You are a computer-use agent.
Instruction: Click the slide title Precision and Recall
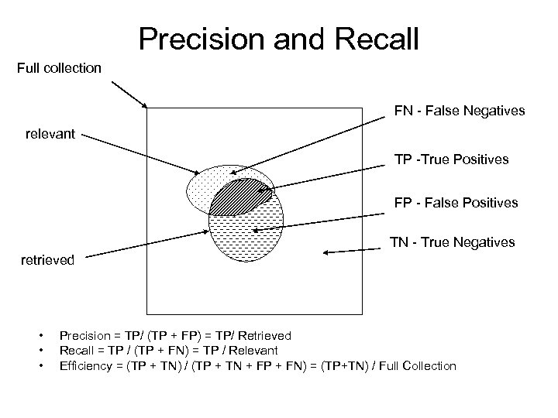click(x=278, y=37)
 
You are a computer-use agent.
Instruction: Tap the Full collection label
click(x=59, y=68)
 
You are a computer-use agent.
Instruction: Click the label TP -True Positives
click(x=451, y=159)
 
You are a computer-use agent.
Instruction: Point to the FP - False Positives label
click(x=456, y=204)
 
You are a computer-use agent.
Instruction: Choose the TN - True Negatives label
click(x=452, y=242)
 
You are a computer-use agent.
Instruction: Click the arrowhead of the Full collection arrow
click(x=145, y=105)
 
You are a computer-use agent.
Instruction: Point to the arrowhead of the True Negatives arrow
click(x=326, y=252)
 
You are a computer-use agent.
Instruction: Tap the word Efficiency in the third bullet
click(x=85, y=365)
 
